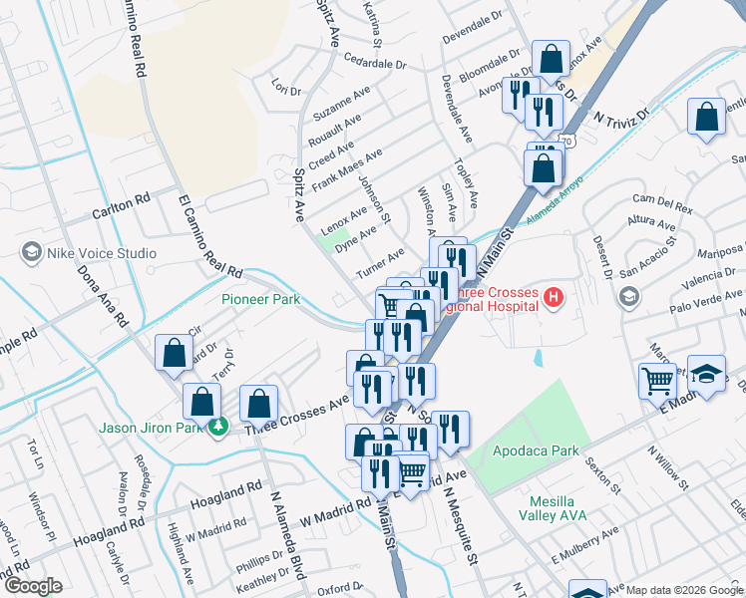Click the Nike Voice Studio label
(x=101, y=253)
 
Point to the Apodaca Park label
(x=536, y=450)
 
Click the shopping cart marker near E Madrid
(x=657, y=381)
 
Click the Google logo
(x=33, y=586)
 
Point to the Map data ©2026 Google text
(x=683, y=590)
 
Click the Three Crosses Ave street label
(x=297, y=412)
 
